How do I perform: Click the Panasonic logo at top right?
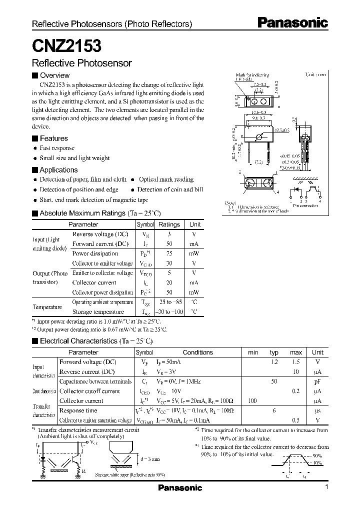click(x=292, y=22)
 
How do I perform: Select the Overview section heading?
click(x=54, y=75)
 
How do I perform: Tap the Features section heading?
click(x=53, y=138)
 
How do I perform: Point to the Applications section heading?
click(x=58, y=170)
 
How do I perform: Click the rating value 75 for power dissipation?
click(x=169, y=253)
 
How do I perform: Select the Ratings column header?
click(x=169, y=225)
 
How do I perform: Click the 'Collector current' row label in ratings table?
click(x=94, y=282)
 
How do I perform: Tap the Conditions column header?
click(x=197, y=352)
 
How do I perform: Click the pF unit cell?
click(x=317, y=381)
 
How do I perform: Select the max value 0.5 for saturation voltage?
click(x=295, y=420)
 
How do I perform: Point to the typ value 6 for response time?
click(x=274, y=410)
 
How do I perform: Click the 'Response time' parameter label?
click(x=78, y=410)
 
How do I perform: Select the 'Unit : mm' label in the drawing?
click(x=315, y=74)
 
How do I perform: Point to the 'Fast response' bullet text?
click(x=57, y=148)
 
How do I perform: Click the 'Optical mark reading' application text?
click(x=166, y=179)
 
